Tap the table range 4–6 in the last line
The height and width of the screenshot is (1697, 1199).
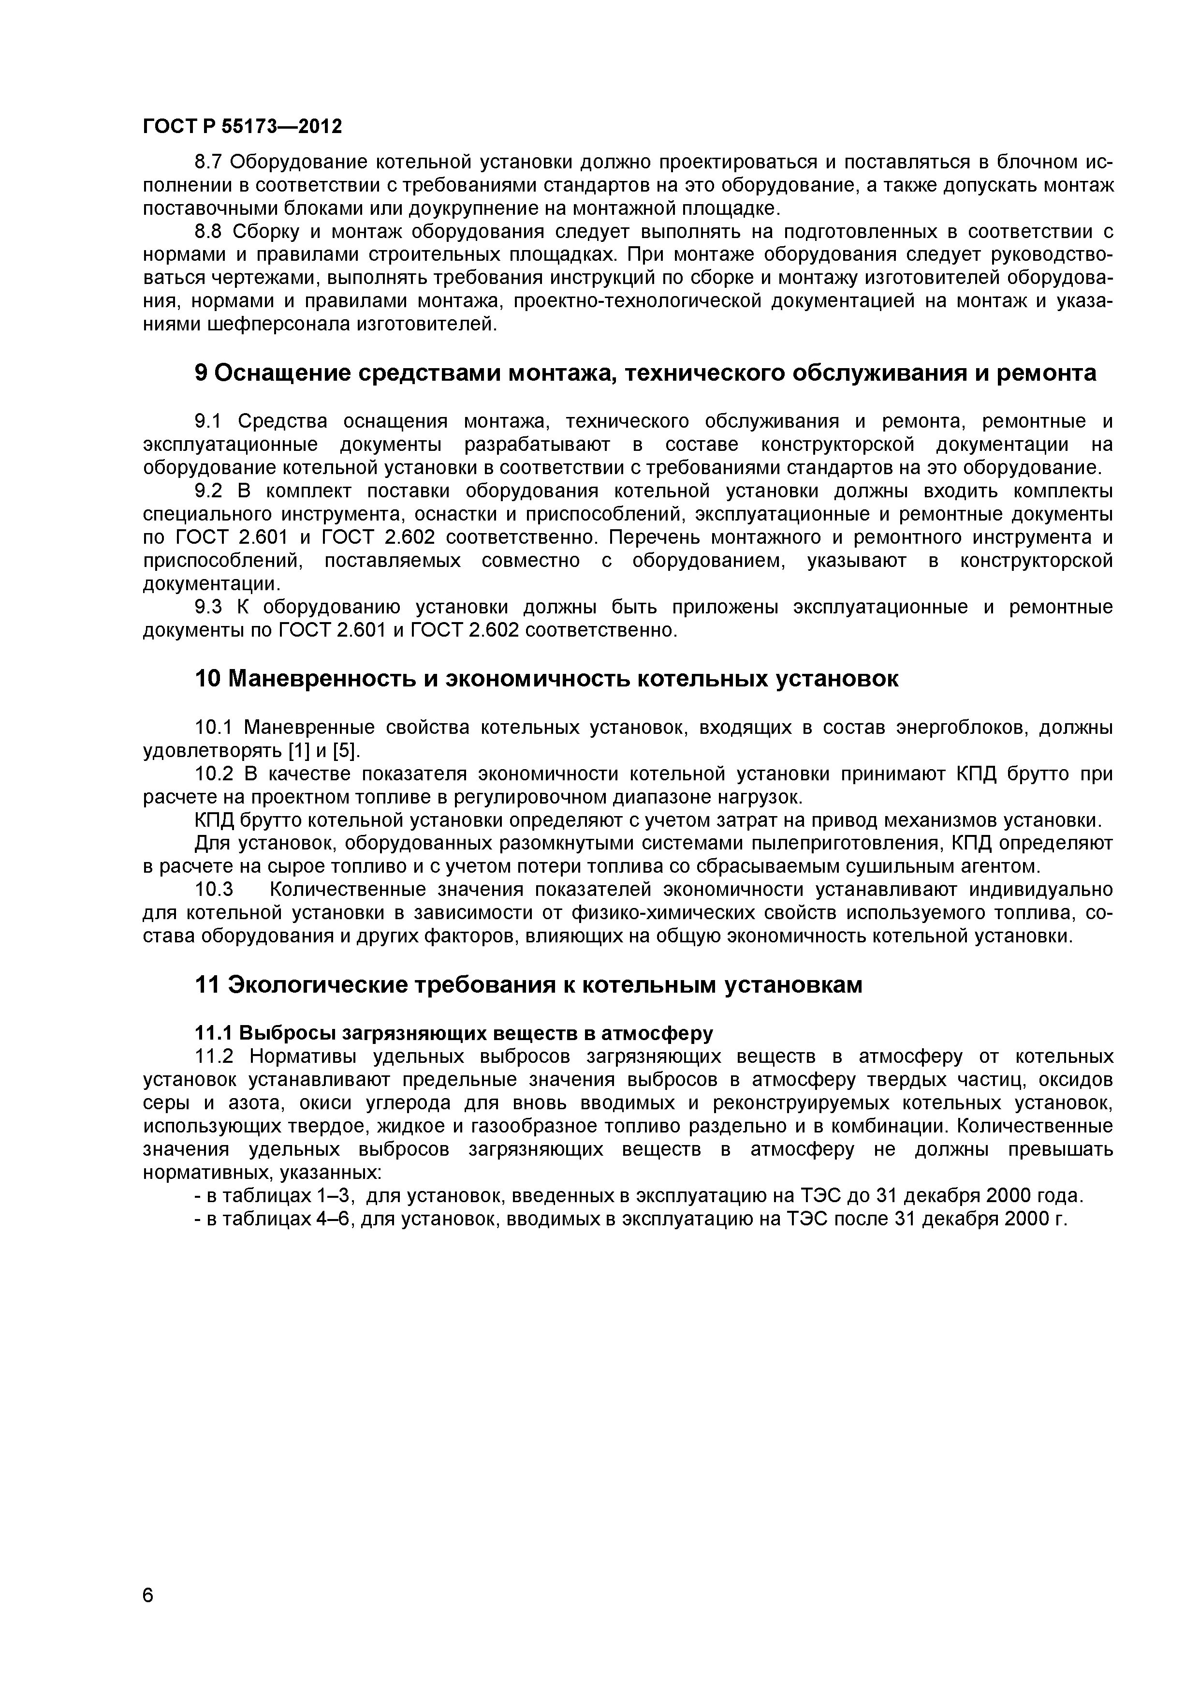pos(336,1219)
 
